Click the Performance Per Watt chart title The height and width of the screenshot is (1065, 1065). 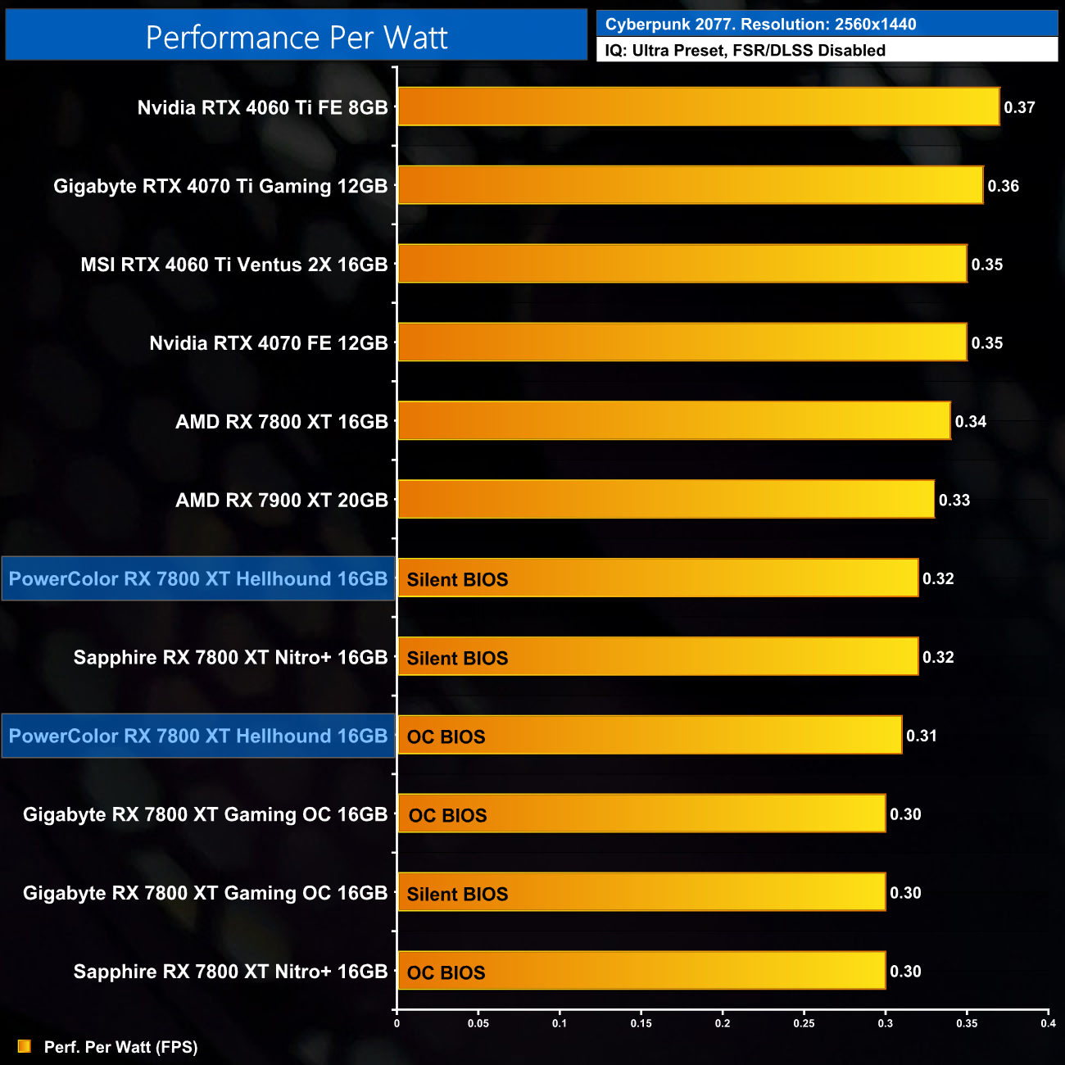coord(297,38)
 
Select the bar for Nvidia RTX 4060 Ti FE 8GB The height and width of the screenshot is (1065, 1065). coord(698,106)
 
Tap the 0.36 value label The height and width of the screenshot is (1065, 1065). coord(1003,186)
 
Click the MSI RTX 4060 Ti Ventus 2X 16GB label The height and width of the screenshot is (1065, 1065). coord(233,265)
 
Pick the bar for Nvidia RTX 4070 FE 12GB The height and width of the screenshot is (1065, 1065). coord(682,342)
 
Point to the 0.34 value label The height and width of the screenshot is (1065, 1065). coord(970,422)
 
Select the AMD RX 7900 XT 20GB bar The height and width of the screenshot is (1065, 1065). coord(665,500)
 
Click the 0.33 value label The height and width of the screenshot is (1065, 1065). coord(954,500)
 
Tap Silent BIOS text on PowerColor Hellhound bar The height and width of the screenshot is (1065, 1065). coord(457,579)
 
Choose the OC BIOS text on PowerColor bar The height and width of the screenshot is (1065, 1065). coord(446,736)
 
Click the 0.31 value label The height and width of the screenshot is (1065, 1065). coord(921,736)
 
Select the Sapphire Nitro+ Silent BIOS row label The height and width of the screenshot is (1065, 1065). coord(230,657)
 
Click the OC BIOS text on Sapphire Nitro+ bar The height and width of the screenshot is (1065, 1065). coord(446,972)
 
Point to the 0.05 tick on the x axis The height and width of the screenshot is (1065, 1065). coord(478,1023)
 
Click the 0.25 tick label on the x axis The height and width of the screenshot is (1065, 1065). coord(804,1023)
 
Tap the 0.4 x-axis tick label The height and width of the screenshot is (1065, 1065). coord(1048,1023)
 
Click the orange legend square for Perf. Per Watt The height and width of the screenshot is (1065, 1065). coord(25,1046)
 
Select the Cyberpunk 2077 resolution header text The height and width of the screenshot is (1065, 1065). coord(760,25)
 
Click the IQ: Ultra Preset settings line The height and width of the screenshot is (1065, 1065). coord(745,50)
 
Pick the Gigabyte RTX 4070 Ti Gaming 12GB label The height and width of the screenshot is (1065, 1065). coord(220,186)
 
